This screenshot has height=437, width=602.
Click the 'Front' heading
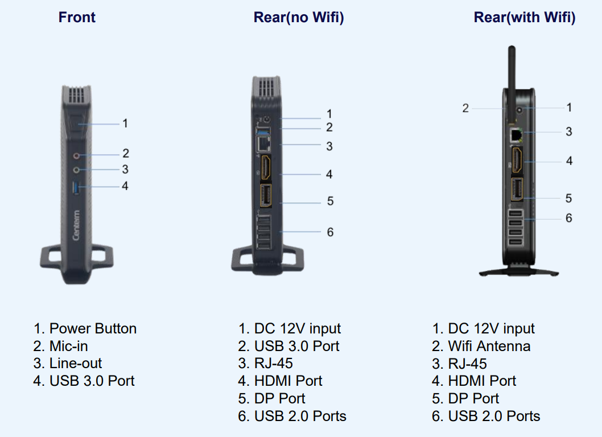tap(77, 18)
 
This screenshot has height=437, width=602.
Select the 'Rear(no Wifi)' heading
tap(299, 18)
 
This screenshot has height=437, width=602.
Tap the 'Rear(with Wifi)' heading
tap(524, 18)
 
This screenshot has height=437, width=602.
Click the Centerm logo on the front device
tap(76, 225)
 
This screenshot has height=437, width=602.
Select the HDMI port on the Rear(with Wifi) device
tap(517, 160)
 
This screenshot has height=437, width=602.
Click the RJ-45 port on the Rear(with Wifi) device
tap(517, 134)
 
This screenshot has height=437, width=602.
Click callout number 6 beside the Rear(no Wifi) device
tap(330, 232)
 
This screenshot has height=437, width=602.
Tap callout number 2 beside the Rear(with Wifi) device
tap(465, 108)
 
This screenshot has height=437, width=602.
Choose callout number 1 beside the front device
tap(125, 123)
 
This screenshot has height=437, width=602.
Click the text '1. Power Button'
tap(85, 329)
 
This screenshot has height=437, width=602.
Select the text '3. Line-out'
tap(68, 364)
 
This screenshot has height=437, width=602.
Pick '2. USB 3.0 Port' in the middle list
tap(288, 346)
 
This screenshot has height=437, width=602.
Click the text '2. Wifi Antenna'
tap(481, 346)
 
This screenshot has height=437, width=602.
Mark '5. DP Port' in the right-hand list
tap(465, 398)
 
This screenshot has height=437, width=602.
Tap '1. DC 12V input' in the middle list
tap(289, 329)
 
